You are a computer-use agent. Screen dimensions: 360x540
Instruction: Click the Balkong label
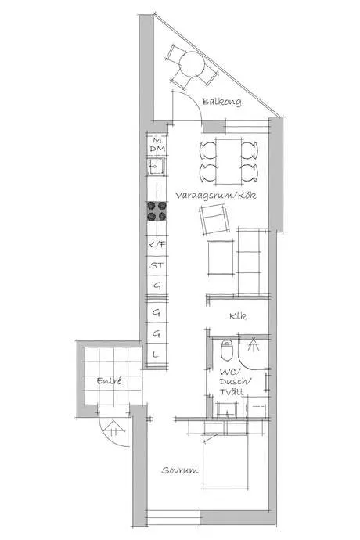tap(221, 102)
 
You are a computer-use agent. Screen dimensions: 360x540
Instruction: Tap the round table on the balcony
tap(192, 64)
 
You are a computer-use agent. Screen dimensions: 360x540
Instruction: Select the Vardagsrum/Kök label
tap(216, 196)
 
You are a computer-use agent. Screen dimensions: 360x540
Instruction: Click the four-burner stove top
tap(157, 211)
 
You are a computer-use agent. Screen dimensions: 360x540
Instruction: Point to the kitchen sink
tap(157, 167)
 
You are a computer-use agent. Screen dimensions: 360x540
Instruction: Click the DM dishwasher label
tap(157, 149)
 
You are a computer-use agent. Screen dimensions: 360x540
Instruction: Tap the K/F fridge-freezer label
tap(157, 244)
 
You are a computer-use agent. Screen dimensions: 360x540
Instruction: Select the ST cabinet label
tap(157, 265)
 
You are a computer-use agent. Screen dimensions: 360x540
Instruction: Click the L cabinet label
tap(156, 354)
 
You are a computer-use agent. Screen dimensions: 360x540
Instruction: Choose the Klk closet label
tap(238, 316)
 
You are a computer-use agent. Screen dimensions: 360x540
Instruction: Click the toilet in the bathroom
tap(227, 350)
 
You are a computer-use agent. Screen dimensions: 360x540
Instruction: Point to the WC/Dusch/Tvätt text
tap(236, 382)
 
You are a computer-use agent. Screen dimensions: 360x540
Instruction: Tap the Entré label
tap(110, 381)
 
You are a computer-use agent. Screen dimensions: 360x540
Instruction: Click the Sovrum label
tap(180, 470)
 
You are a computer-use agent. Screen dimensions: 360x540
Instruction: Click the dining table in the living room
tap(229, 161)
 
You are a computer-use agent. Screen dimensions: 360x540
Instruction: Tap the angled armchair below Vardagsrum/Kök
tap(214, 219)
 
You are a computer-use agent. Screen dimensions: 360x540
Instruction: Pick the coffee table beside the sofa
tap(221, 257)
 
